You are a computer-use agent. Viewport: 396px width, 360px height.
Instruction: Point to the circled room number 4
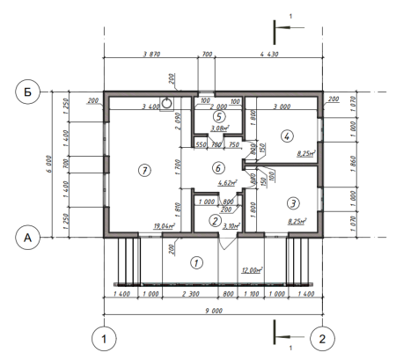pos(285,136)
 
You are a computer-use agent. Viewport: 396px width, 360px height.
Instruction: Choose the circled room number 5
pos(219,115)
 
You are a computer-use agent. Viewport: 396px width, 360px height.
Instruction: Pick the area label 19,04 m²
pos(163,226)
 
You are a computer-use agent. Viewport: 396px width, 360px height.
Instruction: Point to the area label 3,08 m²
pos(220,129)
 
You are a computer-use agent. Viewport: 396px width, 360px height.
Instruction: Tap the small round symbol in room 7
pos(165,101)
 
